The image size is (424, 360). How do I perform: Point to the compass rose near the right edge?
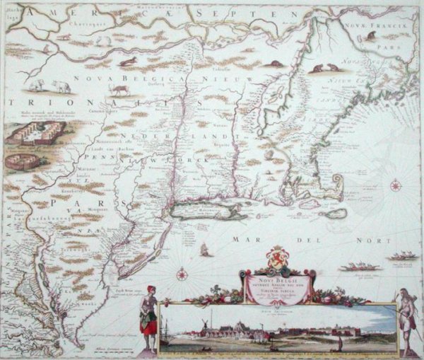pyautogui.click(x=395, y=187)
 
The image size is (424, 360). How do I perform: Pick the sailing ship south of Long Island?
pyautogui.click(x=204, y=249)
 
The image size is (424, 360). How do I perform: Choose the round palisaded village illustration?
pyautogui.click(x=22, y=161)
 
